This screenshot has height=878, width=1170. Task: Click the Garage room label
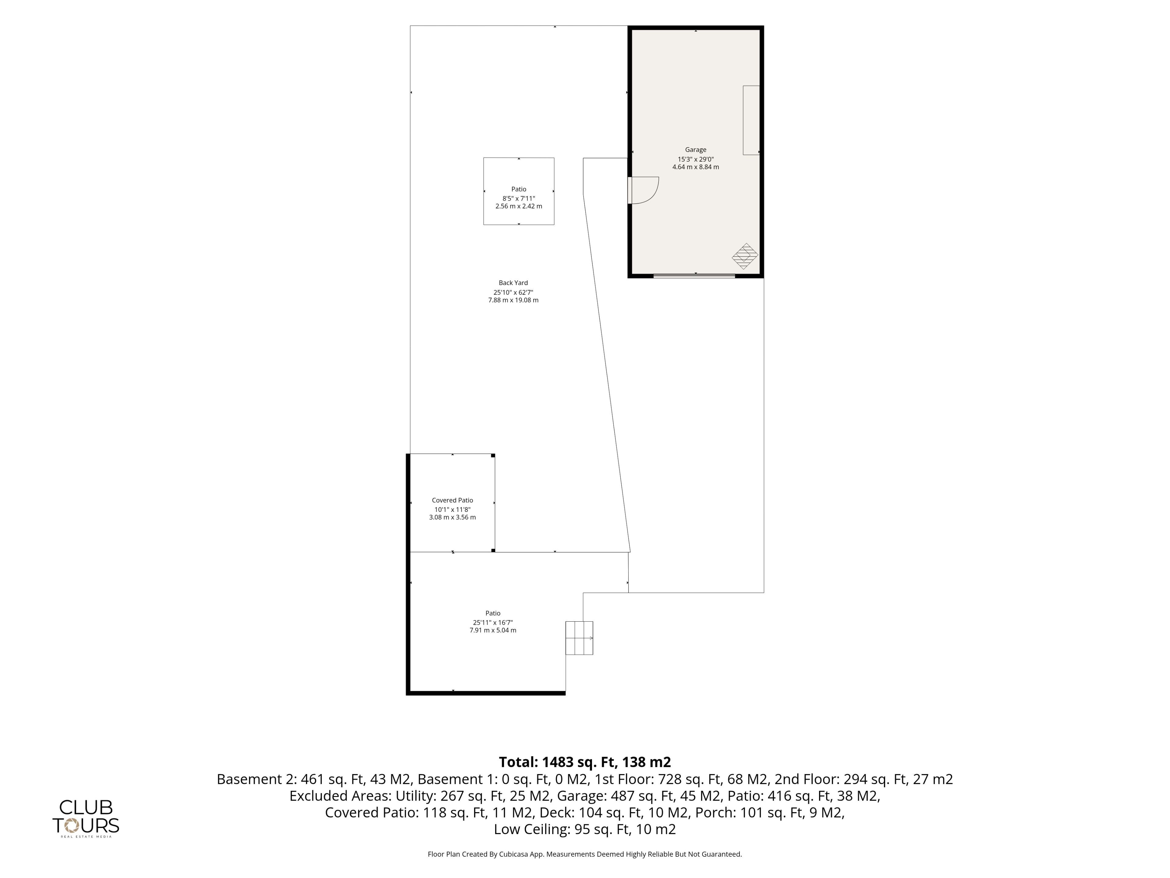(696, 150)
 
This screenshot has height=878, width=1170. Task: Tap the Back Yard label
(513, 283)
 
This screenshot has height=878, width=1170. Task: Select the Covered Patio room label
(452, 500)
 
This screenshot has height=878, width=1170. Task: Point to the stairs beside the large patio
(579, 638)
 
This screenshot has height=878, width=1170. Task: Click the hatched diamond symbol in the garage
(745, 256)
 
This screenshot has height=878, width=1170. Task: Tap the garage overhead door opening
(694, 276)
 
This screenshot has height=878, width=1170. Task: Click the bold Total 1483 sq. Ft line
(585, 762)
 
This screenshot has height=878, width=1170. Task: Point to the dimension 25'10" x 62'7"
(513, 292)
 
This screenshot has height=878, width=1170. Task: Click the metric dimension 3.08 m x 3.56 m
(452, 517)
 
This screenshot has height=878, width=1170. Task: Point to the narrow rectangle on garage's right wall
(751, 120)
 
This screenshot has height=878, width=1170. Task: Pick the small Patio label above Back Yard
(519, 189)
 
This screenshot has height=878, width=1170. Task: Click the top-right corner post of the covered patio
(493, 455)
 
